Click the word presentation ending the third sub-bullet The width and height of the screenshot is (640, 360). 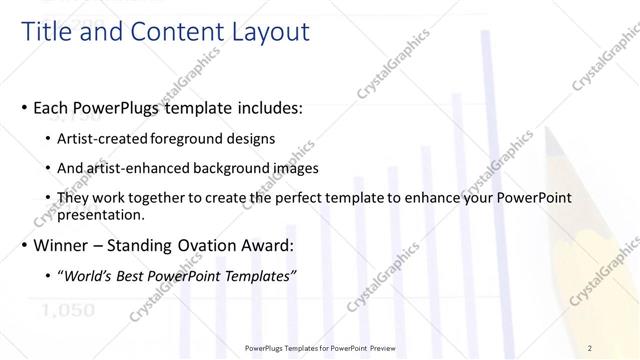point(101,214)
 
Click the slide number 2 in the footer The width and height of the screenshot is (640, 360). point(589,347)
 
